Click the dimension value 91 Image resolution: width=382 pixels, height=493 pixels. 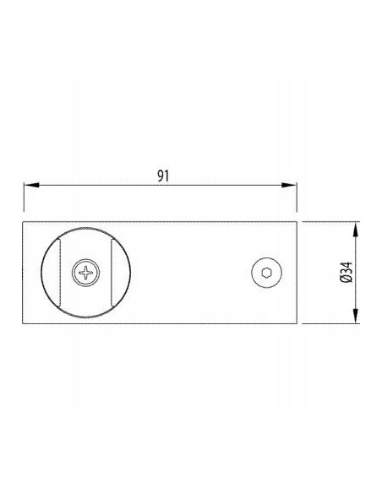click(x=163, y=176)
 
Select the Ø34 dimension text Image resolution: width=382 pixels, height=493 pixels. click(x=347, y=273)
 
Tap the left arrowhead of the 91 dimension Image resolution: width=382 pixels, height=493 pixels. click(x=32, y=185)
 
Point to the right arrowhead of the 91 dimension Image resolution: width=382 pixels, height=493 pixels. click(x=289, y=185)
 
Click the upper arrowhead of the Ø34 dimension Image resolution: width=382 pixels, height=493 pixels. click(x=355, y=230)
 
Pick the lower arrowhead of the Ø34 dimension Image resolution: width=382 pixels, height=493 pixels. click(x=355, y=316)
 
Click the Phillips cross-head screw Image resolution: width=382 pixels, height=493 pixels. click(x=85, y=273)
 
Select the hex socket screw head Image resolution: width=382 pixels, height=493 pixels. click(x=266, y=273)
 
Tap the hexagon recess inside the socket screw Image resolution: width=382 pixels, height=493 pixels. click(x=266, y=273)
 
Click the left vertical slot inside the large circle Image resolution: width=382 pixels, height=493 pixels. click(x=59, y=273)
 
